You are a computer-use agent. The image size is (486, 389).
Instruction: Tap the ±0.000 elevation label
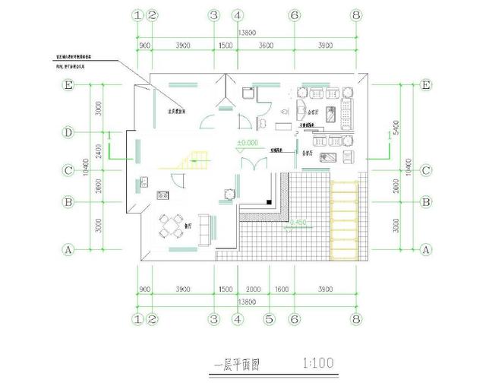click(x=247, y=143)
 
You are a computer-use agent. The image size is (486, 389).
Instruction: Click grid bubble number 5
click(x=267, y=319)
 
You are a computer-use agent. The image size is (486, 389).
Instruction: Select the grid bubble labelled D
click(x=68, y=133)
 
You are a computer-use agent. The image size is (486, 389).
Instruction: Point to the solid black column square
click(x=270, y=202)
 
